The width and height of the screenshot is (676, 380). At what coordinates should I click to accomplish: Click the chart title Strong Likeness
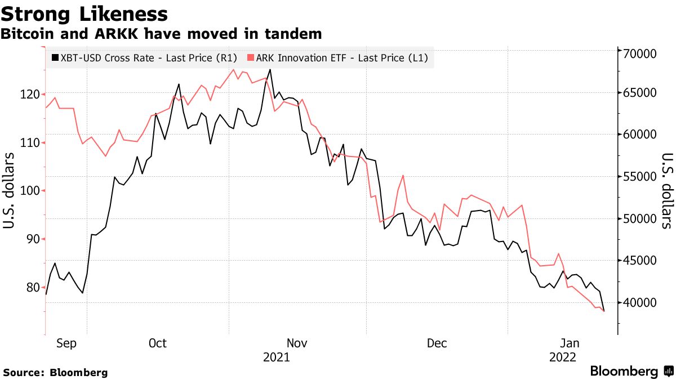[84, 14]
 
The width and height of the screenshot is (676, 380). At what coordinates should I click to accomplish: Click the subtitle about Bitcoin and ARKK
[161, 34]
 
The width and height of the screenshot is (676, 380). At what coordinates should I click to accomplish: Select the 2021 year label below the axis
[277, 357]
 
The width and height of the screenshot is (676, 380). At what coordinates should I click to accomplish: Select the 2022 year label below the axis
[562, 357]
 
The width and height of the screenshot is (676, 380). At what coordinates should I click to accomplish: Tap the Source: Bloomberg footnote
[55, 373]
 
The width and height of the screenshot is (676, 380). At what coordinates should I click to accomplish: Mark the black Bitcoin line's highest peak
[270, 70]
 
